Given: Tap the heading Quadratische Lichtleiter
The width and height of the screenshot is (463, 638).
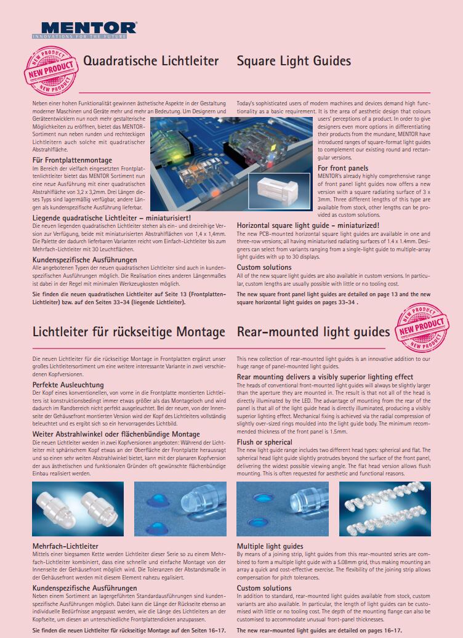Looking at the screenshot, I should click(x=151, y=61).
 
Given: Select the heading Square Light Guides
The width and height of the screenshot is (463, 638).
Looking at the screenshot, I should click(x=294, y=61).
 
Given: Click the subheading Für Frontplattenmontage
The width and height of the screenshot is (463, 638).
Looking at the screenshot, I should click(x=72, y=160).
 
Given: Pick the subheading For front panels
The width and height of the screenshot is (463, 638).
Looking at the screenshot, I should click(x=343, y=168).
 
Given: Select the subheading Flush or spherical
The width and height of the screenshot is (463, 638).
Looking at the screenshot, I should click(x=265, y=442).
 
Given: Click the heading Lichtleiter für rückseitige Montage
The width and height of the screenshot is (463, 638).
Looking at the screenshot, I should click(x=129, y=332).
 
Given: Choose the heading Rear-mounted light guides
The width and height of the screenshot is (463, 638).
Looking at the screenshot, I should click(x=313, y=332).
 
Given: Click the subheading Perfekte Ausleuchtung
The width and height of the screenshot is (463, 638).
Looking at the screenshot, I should click(x=68, y=385).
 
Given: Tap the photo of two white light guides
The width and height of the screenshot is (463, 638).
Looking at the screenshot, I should click(x=78, y=508).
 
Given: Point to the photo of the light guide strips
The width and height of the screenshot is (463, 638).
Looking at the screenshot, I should click(x=385, y=508).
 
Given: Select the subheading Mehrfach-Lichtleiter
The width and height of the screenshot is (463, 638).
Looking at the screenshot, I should click(x=65, y=546).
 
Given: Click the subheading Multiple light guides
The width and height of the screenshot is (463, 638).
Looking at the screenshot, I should click(x=270, y=546).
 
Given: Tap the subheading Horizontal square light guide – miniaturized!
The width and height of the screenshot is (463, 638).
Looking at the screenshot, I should click(x=312, y=225).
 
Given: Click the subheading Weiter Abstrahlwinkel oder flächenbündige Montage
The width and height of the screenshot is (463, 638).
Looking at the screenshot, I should click(x=116, y=434).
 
